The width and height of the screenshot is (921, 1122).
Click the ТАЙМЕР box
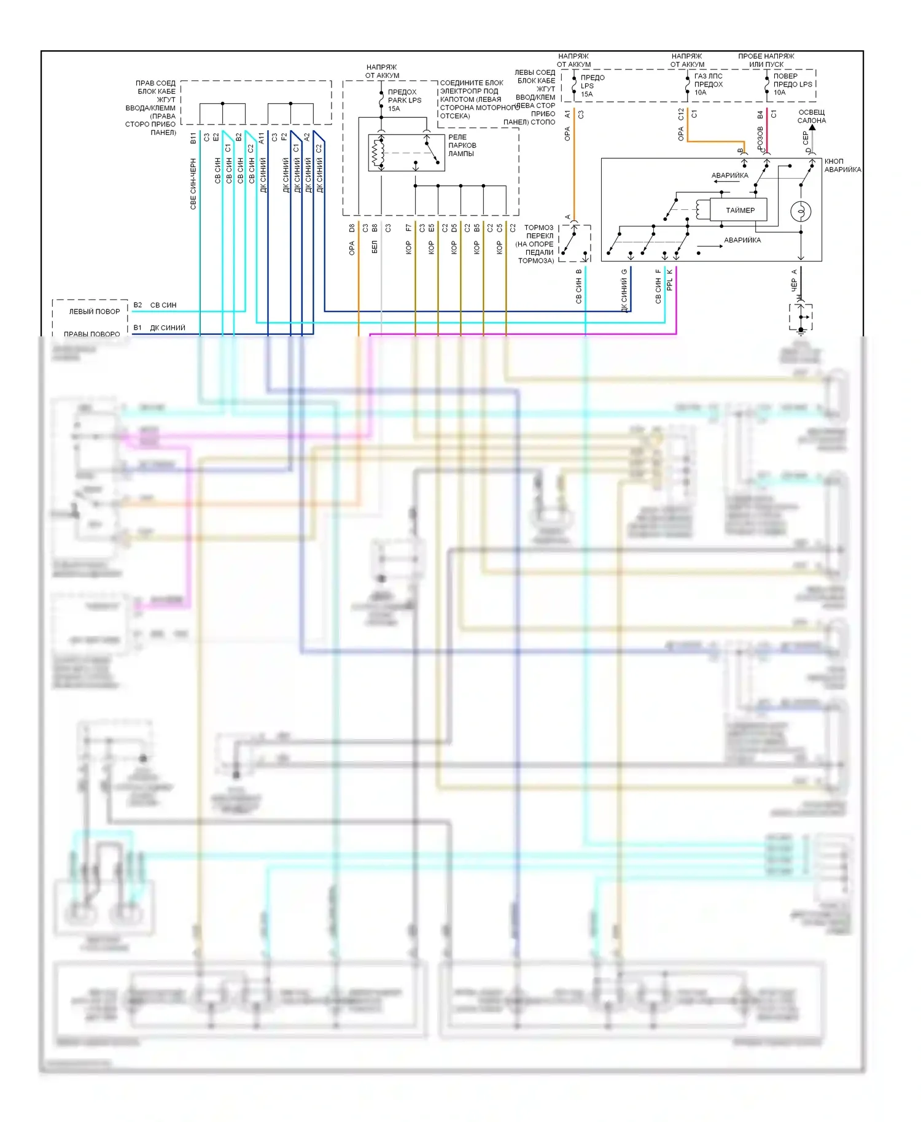739,210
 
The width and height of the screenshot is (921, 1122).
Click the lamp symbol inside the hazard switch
801,211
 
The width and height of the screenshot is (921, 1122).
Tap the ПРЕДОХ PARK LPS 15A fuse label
405,100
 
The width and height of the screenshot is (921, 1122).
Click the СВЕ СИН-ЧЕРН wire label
193,184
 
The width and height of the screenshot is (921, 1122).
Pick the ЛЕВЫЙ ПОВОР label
95,311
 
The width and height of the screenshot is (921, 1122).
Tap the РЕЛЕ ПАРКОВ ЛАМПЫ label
462,145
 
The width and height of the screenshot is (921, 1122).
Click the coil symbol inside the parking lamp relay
377,152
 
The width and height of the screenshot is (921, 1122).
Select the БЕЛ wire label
374,247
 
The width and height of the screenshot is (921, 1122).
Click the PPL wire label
669,284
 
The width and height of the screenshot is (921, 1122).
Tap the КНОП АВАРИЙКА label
842,165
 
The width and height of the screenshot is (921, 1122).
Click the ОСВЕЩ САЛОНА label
811,117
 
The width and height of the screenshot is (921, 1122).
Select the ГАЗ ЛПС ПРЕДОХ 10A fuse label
708,84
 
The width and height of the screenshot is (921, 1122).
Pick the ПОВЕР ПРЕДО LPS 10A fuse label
792,84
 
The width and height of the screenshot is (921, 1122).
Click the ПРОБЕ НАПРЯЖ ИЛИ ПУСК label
766,60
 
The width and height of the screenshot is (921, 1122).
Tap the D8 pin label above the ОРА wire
352,228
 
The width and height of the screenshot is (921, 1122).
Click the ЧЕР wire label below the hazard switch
793,285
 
